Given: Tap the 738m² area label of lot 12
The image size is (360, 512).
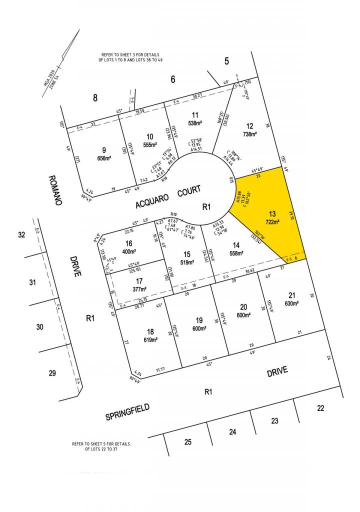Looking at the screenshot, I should click(249, 134).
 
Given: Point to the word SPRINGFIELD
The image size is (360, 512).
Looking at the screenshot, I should click(127, 412).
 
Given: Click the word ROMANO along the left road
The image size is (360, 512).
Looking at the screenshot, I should click(55, 190).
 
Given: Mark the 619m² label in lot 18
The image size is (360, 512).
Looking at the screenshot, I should click(150, 339).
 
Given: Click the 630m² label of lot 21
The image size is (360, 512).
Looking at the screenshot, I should click(291, 303).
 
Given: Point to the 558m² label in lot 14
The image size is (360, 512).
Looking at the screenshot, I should click(236, 253).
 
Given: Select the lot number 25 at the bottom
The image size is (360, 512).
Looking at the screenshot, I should click(188, 441).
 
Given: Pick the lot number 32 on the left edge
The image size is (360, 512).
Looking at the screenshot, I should click(21, 234).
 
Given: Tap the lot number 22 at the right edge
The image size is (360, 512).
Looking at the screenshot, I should click(320, 408).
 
